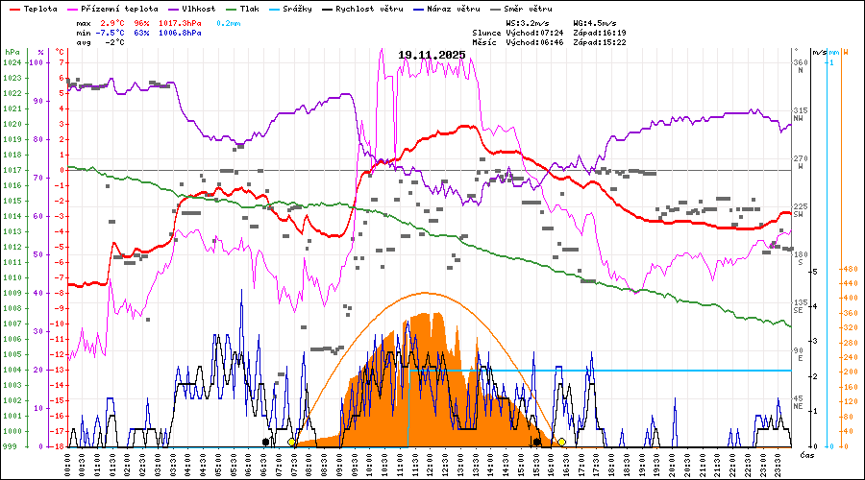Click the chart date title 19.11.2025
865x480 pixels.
click(431, 55)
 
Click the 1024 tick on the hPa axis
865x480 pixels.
click(12, 62)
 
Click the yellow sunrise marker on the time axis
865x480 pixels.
click(291, 443)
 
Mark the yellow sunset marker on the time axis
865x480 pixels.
click(561, 443)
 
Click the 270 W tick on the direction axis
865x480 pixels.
click(800, 162)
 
